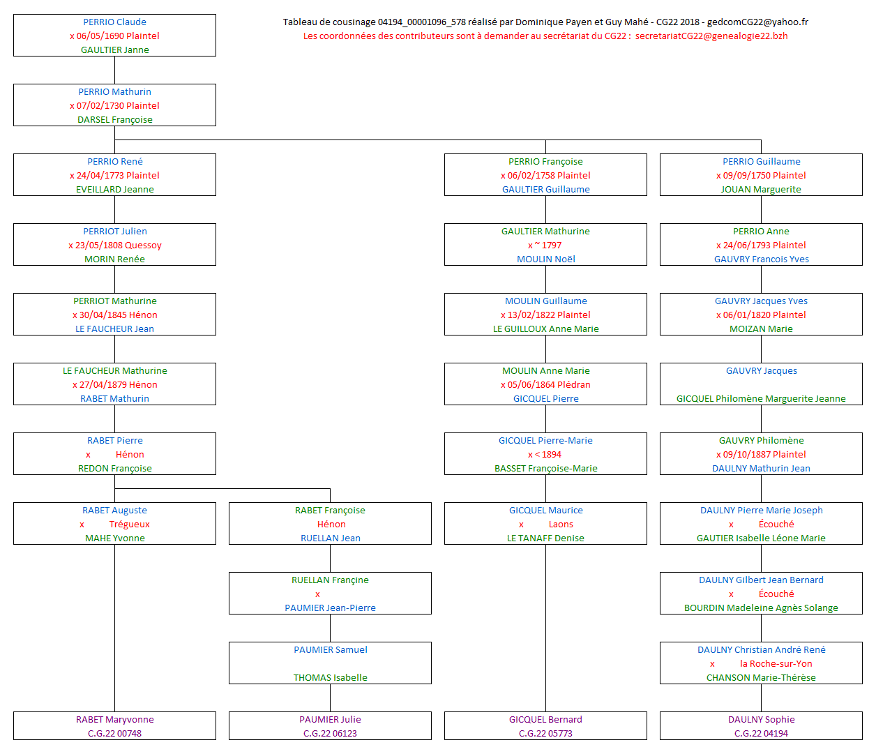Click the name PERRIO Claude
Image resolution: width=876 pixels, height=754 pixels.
tap(114, 22)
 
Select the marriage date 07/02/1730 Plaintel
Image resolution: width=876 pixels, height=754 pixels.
tap(118, 105)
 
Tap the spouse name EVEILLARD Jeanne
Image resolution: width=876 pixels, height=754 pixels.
tap(114, 189)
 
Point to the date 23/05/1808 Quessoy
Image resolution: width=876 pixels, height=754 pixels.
tap(118, 245)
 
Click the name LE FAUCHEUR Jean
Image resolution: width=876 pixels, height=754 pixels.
tap(114, 329)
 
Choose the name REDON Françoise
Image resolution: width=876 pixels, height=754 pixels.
tap(114, 468)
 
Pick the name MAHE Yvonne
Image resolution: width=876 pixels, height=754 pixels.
tap(114, 538)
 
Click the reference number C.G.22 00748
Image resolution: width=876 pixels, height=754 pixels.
tap(114, 733)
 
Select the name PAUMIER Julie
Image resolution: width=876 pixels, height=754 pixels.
tap(330, 719)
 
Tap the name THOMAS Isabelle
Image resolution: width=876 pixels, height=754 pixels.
tap(330, 677)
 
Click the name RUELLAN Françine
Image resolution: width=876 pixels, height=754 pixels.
tap(330, 580)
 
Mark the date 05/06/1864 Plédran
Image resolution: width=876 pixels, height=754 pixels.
tap(549, 384)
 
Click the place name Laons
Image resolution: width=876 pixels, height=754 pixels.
tap(561, 524)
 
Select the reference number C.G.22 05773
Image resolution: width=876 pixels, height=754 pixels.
tap(545, 733)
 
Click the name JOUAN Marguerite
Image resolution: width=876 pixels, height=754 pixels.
tap(761, 189)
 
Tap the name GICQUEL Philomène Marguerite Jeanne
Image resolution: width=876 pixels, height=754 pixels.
tap(761, 398)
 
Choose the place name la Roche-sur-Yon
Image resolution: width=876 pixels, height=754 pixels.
tap(776, 663)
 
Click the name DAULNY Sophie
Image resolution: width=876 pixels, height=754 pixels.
tap(761, 719)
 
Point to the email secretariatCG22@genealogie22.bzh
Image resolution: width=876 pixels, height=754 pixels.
tap(711, 36)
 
